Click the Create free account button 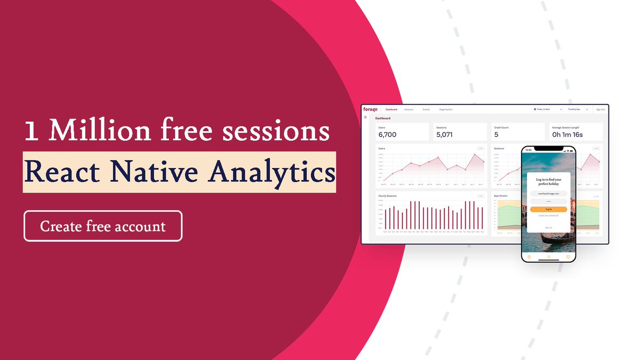point(103,226)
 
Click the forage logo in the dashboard point(370,109)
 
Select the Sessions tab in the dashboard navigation point(409,109)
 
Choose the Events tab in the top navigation point(426,109)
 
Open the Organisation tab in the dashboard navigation point(446,109)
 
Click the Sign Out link point(600,109)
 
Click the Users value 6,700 point(387,134)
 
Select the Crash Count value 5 point(497,134)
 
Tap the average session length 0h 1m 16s point(567,134)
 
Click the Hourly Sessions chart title point(387,196)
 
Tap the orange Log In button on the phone point(548,210)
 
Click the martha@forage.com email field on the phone point(548,193)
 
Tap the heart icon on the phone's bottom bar point(568,257)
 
